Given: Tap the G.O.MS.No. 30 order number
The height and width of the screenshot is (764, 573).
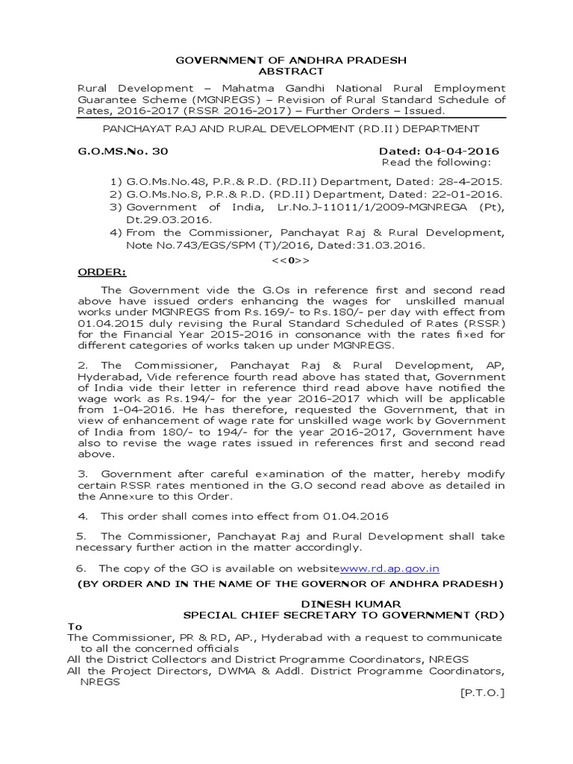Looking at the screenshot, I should click(x=124, y=151).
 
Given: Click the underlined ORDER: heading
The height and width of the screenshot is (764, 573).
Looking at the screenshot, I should click(x=102, y=272).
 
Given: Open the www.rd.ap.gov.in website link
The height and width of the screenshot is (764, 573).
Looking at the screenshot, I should click(x=389, y=569).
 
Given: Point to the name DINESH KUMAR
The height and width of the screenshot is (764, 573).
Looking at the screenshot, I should click(x=340, y=603).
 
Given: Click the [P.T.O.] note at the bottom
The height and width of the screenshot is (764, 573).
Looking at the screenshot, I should click(x=483, y=693).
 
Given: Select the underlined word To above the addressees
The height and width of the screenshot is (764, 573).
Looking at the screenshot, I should click(x=75, y=627).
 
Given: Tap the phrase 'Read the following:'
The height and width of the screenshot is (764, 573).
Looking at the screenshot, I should click(x=436, y=163).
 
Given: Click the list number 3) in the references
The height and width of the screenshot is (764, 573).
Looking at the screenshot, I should click(x=116, y=207).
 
